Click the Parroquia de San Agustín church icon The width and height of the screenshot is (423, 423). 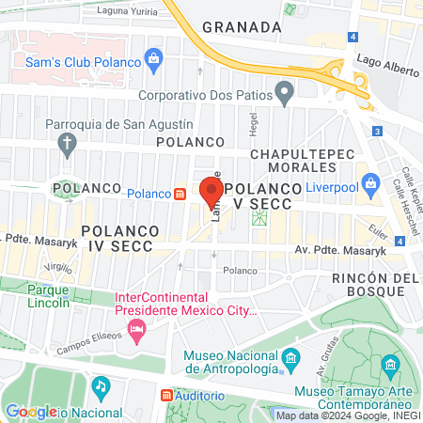pos(67,144)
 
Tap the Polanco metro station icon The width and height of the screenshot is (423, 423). pos(180,194)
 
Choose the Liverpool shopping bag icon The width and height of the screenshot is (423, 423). pos(369,181)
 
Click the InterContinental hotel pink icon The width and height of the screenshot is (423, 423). pos(138,329)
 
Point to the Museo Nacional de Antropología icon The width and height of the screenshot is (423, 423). pos(290,359)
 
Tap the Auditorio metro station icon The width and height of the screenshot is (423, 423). pos(167,397)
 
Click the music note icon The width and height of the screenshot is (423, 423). pos(101,386)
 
